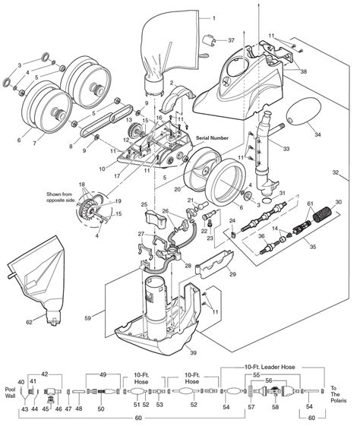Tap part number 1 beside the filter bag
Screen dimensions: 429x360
pos(214,17)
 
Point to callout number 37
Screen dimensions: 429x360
pos(231,40)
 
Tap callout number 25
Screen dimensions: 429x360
pos(143,206)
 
